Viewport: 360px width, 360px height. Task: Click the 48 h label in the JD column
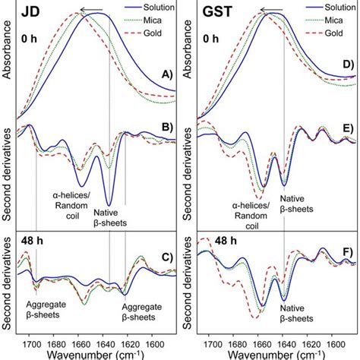coord(30,251)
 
